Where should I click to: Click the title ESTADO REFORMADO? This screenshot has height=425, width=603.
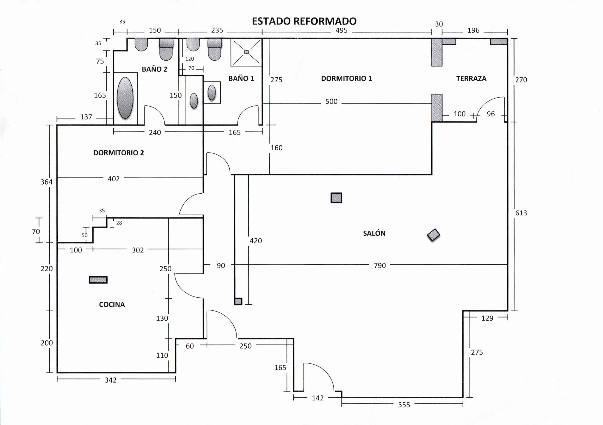[304, 21]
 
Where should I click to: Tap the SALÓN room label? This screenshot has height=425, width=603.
[374, 233]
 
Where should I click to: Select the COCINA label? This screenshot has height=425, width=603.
[112, 304]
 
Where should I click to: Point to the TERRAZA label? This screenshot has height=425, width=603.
[471, 79]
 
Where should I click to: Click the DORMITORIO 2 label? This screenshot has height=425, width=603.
[118, 153]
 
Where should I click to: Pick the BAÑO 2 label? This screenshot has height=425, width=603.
[154, 69]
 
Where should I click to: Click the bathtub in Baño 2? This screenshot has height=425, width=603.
[125, 98]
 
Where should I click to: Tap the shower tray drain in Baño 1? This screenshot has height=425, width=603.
[247, 52]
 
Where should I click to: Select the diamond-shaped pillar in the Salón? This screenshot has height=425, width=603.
[433, 235]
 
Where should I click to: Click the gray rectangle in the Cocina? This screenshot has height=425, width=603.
[98, 280]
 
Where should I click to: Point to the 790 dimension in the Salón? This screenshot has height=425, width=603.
[380, 266]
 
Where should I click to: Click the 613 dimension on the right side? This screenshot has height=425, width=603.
[521, 213]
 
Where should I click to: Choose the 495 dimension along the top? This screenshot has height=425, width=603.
[341, 30]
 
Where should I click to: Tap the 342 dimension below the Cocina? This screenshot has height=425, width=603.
[111, 380]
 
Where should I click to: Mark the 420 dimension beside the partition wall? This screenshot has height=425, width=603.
[256, 241]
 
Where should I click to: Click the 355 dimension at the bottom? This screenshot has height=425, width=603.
[404, 405]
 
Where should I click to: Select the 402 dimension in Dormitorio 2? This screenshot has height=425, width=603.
[114, 179]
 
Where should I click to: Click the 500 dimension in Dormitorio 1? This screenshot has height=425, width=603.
[331, 102]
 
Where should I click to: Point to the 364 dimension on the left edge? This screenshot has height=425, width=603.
[46, 182]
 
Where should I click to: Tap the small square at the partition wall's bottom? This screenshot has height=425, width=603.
[238, 301]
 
